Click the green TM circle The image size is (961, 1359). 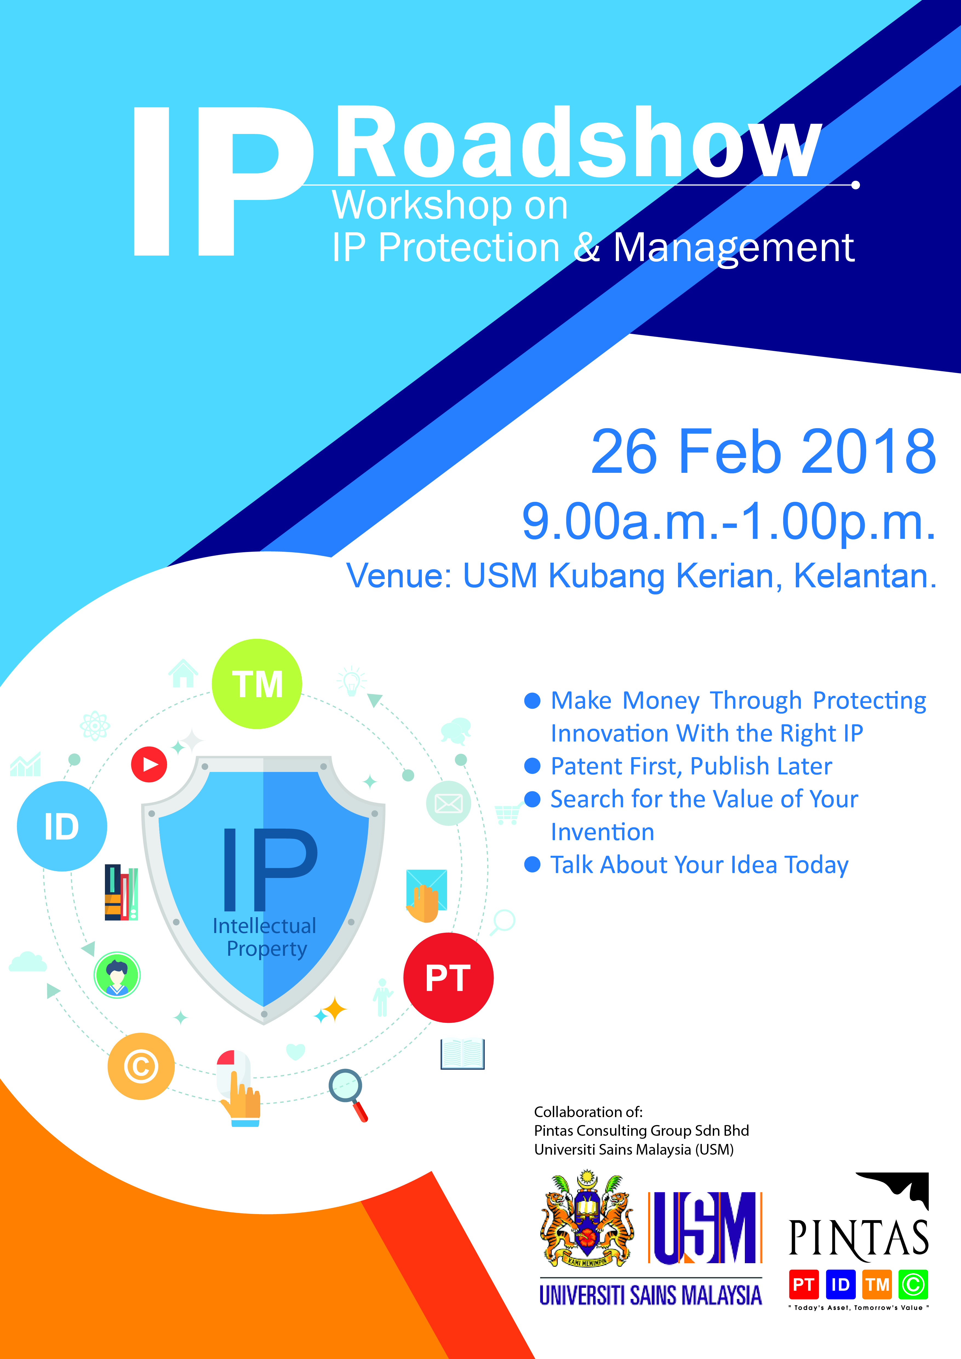point(257,684)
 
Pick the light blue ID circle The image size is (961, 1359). point(62,826)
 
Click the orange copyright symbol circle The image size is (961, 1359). point(141,1067)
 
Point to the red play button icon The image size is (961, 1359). point(149,764)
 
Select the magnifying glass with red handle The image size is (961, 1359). point(348,1095)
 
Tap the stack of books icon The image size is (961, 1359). point(121,892)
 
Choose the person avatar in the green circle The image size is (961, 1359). point(117,975)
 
